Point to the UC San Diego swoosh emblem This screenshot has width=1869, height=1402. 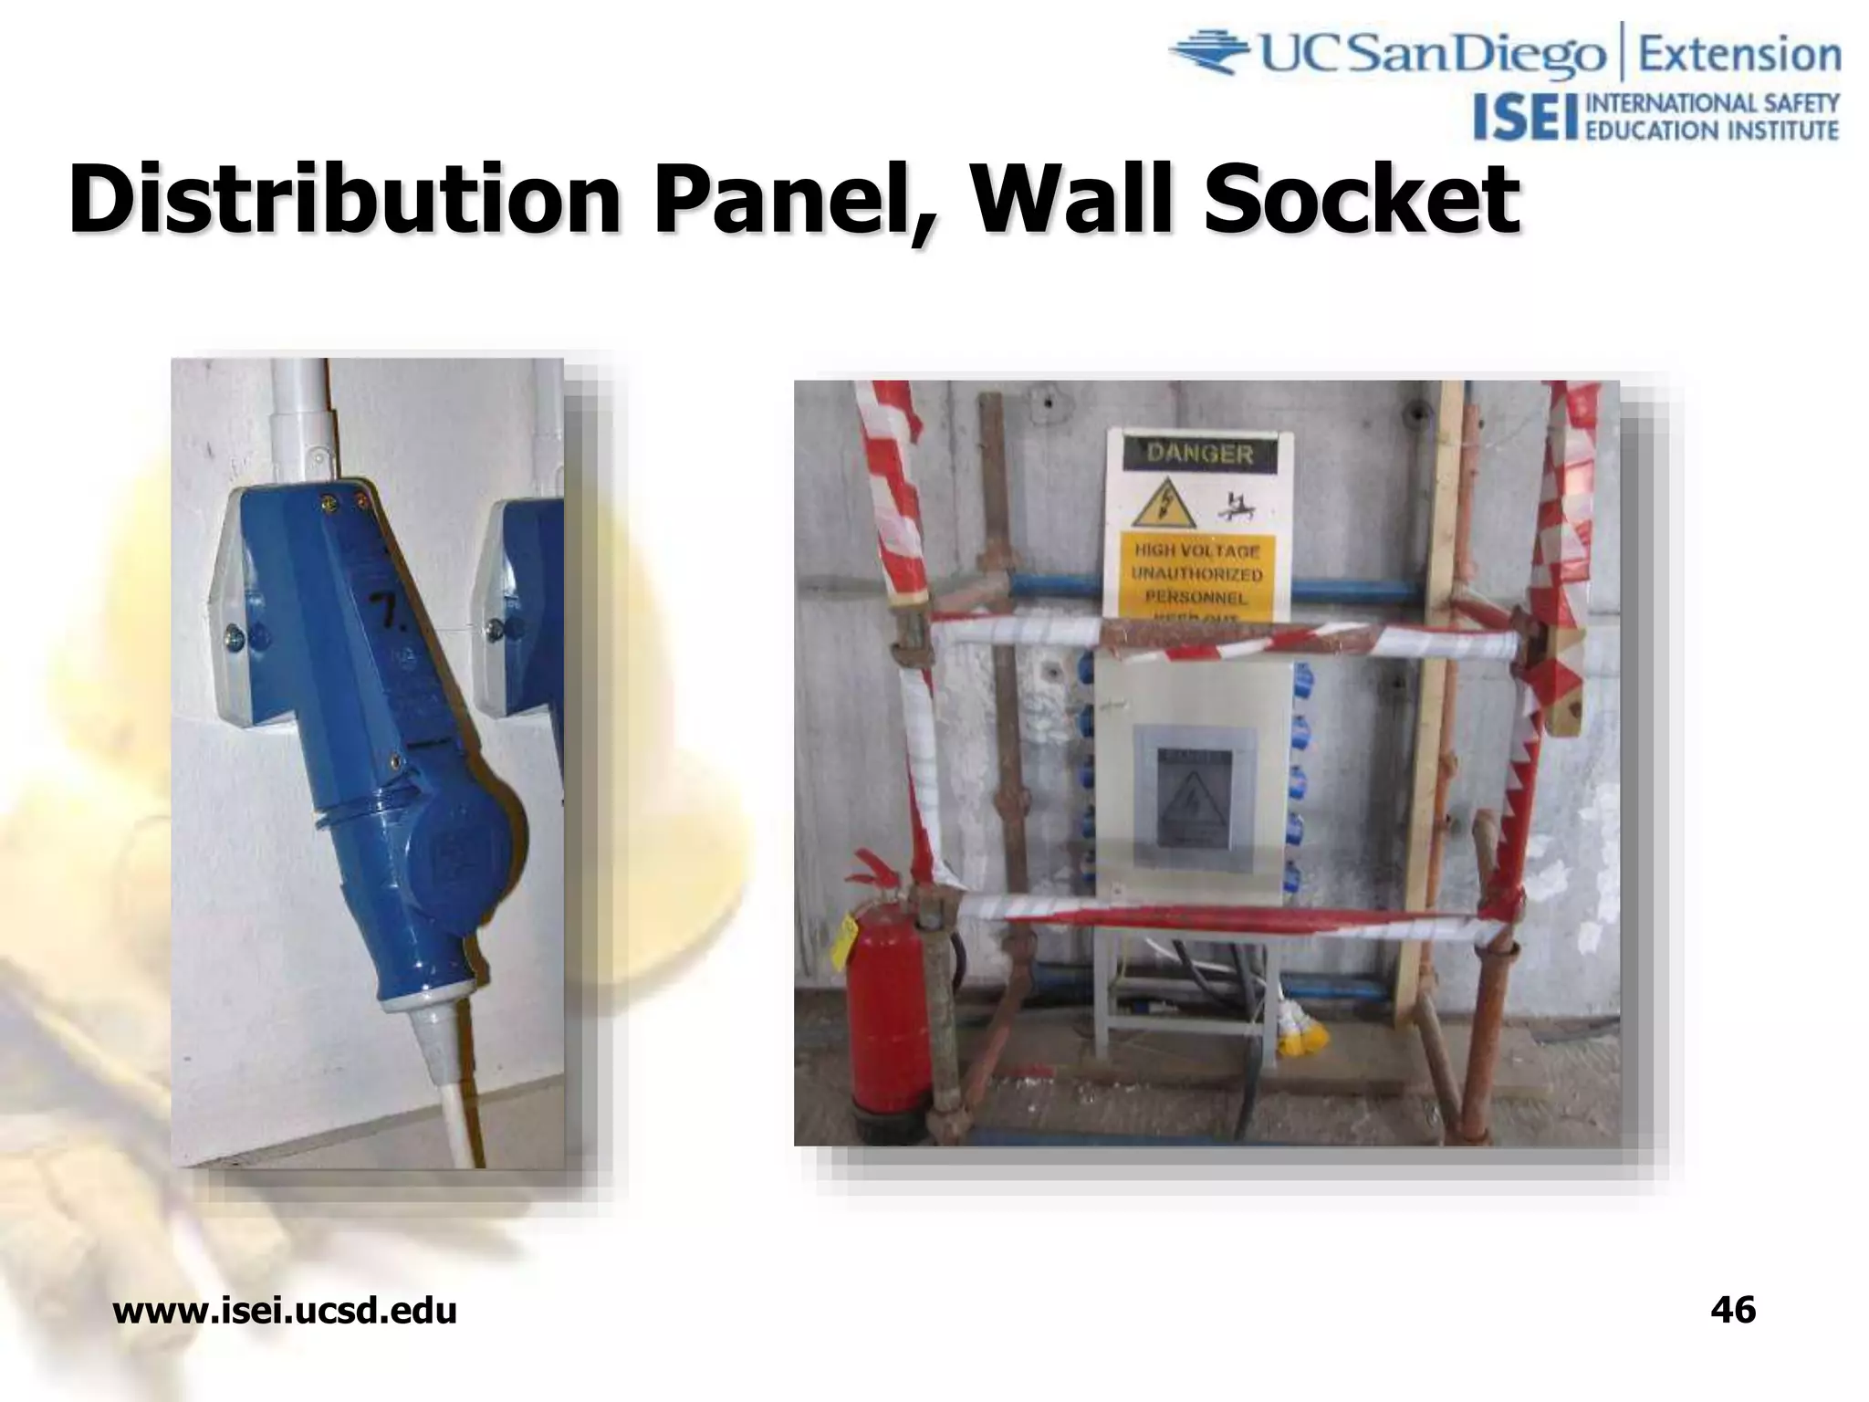tap(1211, 53)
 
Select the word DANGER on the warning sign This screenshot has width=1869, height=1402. tap(1199, 454)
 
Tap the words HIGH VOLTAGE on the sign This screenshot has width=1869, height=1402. tap(1197, 551)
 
